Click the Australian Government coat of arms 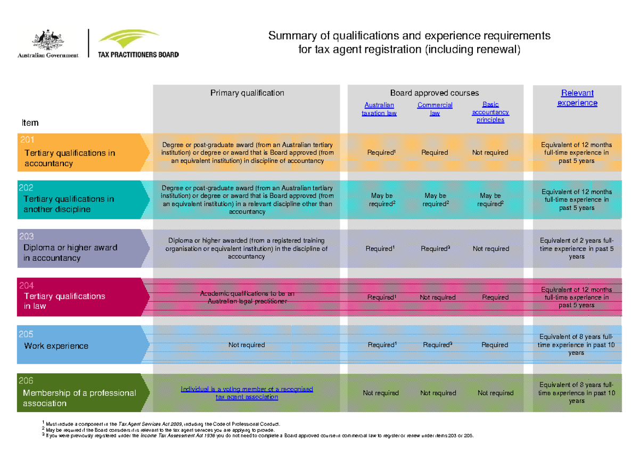(48, 41)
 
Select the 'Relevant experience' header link (577, 98)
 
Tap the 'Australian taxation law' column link (379, 109)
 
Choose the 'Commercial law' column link (435, 109)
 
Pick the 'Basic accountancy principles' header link (490, 112)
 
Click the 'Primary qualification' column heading (247, 93)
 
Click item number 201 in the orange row (27, 140)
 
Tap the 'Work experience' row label (56, 346)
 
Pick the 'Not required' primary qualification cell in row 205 (247, 345)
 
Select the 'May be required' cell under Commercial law (436, 200)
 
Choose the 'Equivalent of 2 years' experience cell (577, 248)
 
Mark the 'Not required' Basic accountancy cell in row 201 (490, 152)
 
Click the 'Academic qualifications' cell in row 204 (247, 297)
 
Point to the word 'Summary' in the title (291, 36)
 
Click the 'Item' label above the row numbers (30, 123)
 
